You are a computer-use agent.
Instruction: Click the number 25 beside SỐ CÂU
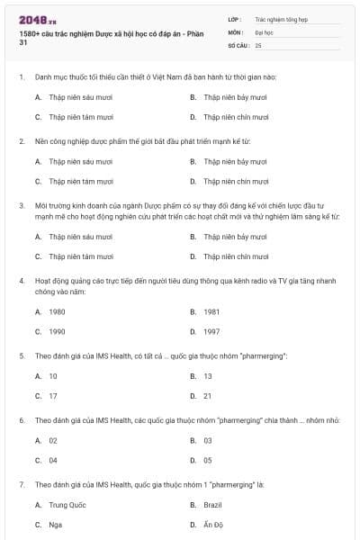[258, 44]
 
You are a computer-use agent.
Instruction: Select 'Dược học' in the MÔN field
[263, 31]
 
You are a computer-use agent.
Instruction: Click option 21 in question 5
[208, 395]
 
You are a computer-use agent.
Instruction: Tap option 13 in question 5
[208, 375]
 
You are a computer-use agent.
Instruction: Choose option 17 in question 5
[53, 395]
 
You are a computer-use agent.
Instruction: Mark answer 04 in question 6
[53, 460]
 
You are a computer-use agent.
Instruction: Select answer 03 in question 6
[208, 440]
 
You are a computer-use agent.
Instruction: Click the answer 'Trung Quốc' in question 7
[67, 504]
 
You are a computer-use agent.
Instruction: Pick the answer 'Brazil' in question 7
[212, 504]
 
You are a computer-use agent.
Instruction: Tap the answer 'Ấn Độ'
[212, 524]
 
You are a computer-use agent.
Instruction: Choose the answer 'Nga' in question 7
[55, 524]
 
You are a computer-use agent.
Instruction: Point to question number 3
[21, 205]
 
